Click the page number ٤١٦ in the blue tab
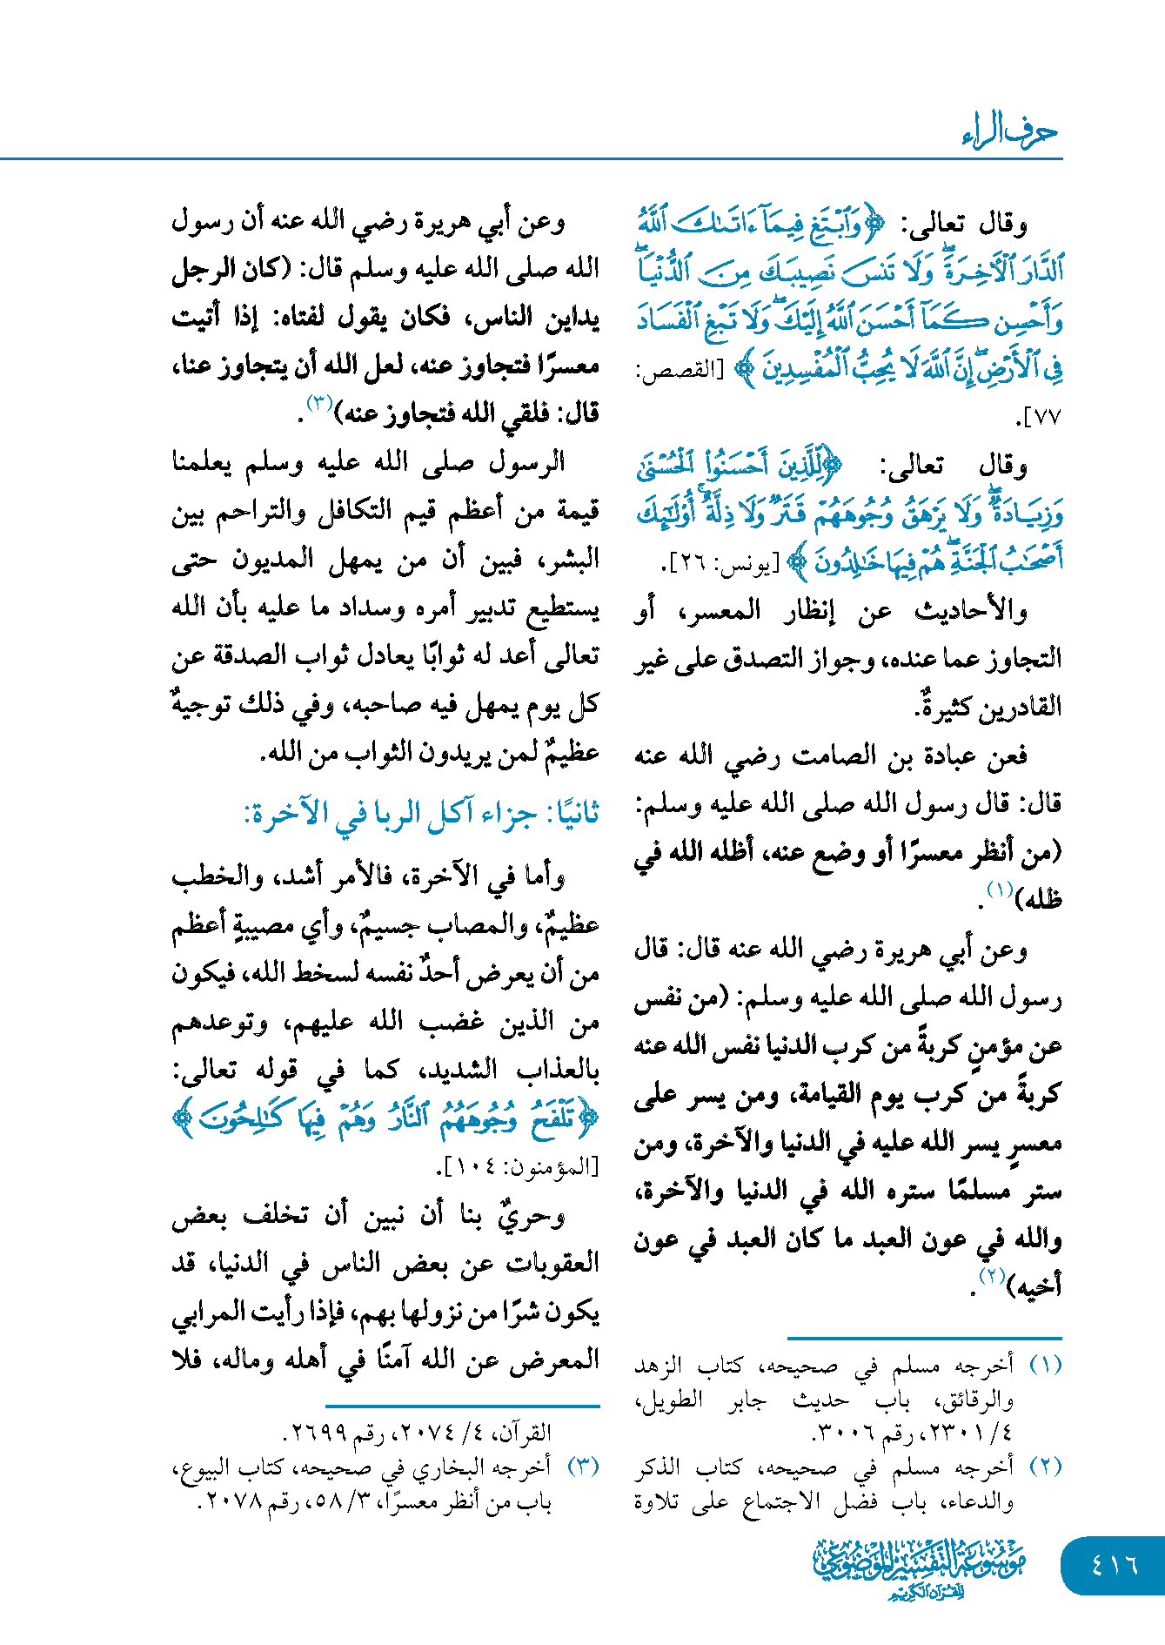1114,1564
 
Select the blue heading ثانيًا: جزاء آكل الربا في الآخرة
421,814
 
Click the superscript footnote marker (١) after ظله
998,890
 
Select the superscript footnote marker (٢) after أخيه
991,1277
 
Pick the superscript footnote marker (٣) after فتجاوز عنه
318,403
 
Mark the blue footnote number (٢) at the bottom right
1045,1467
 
